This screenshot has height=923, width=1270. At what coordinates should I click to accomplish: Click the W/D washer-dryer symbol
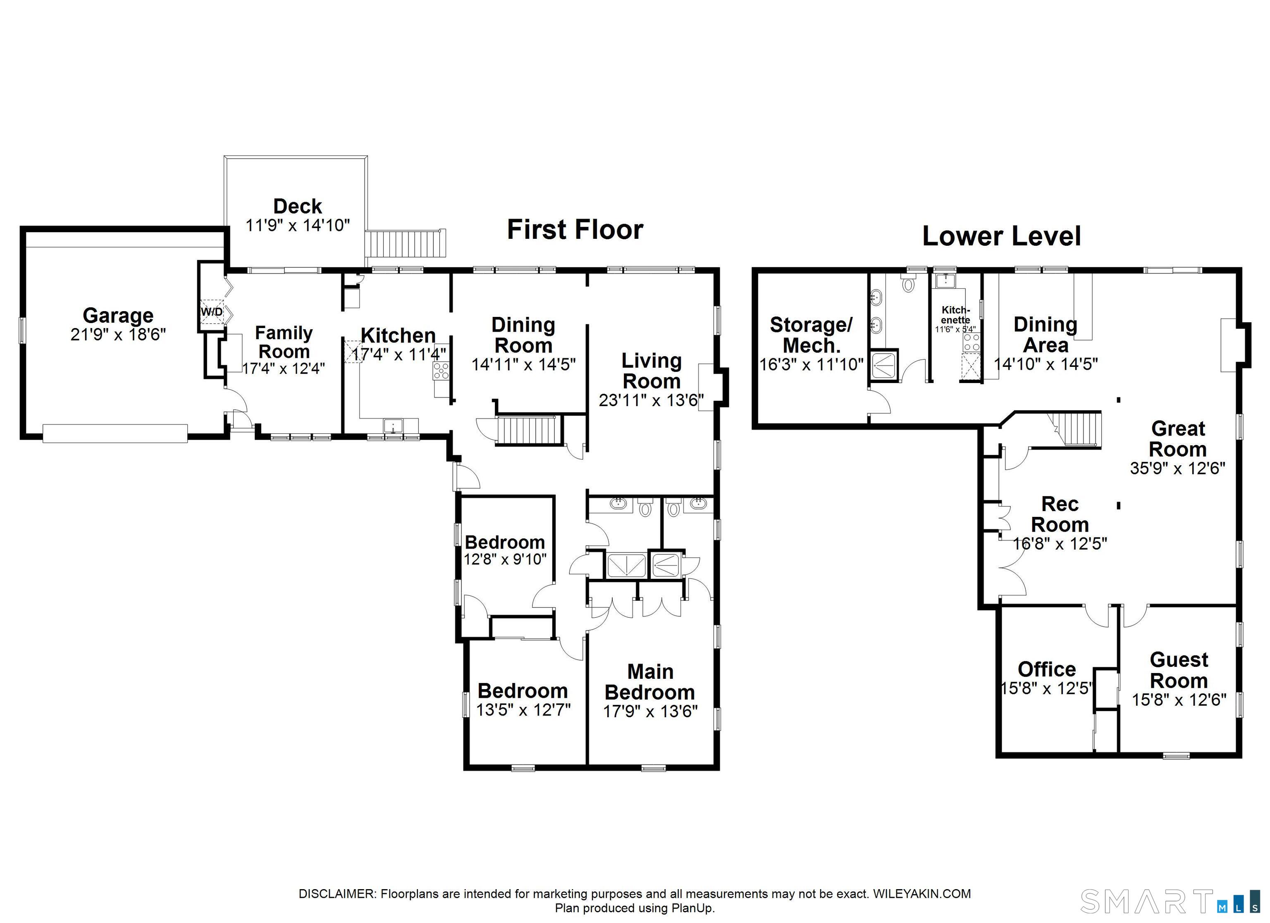pyautogui.click(x=212, y=312)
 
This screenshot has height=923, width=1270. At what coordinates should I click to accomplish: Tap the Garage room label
pyautogui.click(x=118, y=316)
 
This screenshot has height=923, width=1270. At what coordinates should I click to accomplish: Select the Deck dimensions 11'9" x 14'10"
pyautogui.click(x=298, y=226)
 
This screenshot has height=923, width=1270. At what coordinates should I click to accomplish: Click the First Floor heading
pyautogui.click(x=575, y=229)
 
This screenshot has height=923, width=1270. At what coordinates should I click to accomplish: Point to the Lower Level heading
pyautogui.click(x=1001, y=236)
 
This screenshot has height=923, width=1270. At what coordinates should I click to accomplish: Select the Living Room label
pyautogui.click(x=652, y=371)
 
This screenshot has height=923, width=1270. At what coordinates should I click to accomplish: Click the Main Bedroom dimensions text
pyautogui.click(x=651, y=711)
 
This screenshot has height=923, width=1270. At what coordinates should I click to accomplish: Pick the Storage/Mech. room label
pyautogui.click(x=812, y=335)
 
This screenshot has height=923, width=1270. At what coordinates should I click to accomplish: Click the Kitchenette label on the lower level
pyautogui.click(x=955, y=314)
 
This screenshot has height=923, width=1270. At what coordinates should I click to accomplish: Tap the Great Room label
pyautogui.click(x=1178, y=439)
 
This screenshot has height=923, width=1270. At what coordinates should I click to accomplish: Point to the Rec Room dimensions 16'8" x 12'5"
pyautogui.click(x=1060, y=543)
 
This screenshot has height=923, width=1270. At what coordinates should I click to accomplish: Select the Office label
pyautogui.click(x=1047, y=669)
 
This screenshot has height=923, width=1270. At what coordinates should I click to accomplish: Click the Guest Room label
pyautogui.click(x=1179, y=671)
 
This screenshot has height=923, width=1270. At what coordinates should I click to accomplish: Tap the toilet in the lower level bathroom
pyautogui.click(x=908, y=283)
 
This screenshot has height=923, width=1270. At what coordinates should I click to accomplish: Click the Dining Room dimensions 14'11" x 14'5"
pyautogui.click(x=523, y=364)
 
